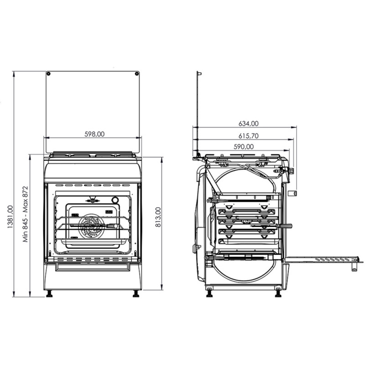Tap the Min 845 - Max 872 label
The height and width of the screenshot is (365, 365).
coord(26,214)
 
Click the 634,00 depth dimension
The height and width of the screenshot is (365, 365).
coord(249,123)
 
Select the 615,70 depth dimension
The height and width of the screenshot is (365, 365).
coord(249,136)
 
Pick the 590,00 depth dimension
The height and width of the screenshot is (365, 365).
coord(244,146)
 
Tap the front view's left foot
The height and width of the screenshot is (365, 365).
coord(49,294)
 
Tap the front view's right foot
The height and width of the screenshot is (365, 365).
coord(136,294)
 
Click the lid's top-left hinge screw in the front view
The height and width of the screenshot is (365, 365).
coord(48,73)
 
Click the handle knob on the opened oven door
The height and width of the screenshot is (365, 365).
coord(354,267)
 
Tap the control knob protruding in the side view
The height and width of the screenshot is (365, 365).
coord(294,193)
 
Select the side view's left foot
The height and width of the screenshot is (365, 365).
coord(209,293)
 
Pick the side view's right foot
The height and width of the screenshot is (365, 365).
coord(278,293)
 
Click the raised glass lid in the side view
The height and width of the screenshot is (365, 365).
coord(198,114)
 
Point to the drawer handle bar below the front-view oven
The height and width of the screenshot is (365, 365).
coord(93,265)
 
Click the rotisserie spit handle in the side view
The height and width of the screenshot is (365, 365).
coord(287,226)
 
